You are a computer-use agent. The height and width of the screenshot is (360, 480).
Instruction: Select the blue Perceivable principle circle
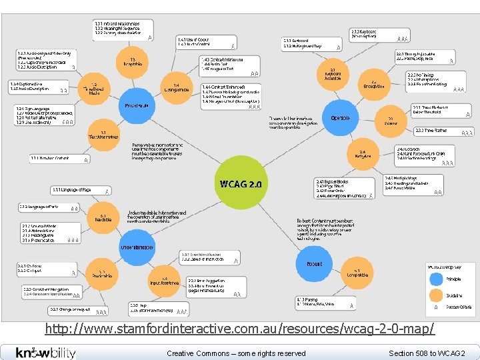(137, 105)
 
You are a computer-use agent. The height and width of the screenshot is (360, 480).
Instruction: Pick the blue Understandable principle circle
(137, 247)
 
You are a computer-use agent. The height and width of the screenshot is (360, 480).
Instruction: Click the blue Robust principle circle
(314, 264)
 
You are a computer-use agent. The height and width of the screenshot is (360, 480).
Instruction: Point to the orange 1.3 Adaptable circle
(133, 62)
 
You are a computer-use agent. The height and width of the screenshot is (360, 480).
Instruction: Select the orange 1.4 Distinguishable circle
(176, 87)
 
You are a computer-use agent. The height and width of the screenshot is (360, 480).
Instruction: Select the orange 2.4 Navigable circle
(362, 155)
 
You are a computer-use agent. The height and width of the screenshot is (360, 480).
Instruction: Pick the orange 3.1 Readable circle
(104, 217)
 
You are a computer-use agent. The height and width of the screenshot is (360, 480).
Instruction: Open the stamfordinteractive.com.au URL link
(240, 329)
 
